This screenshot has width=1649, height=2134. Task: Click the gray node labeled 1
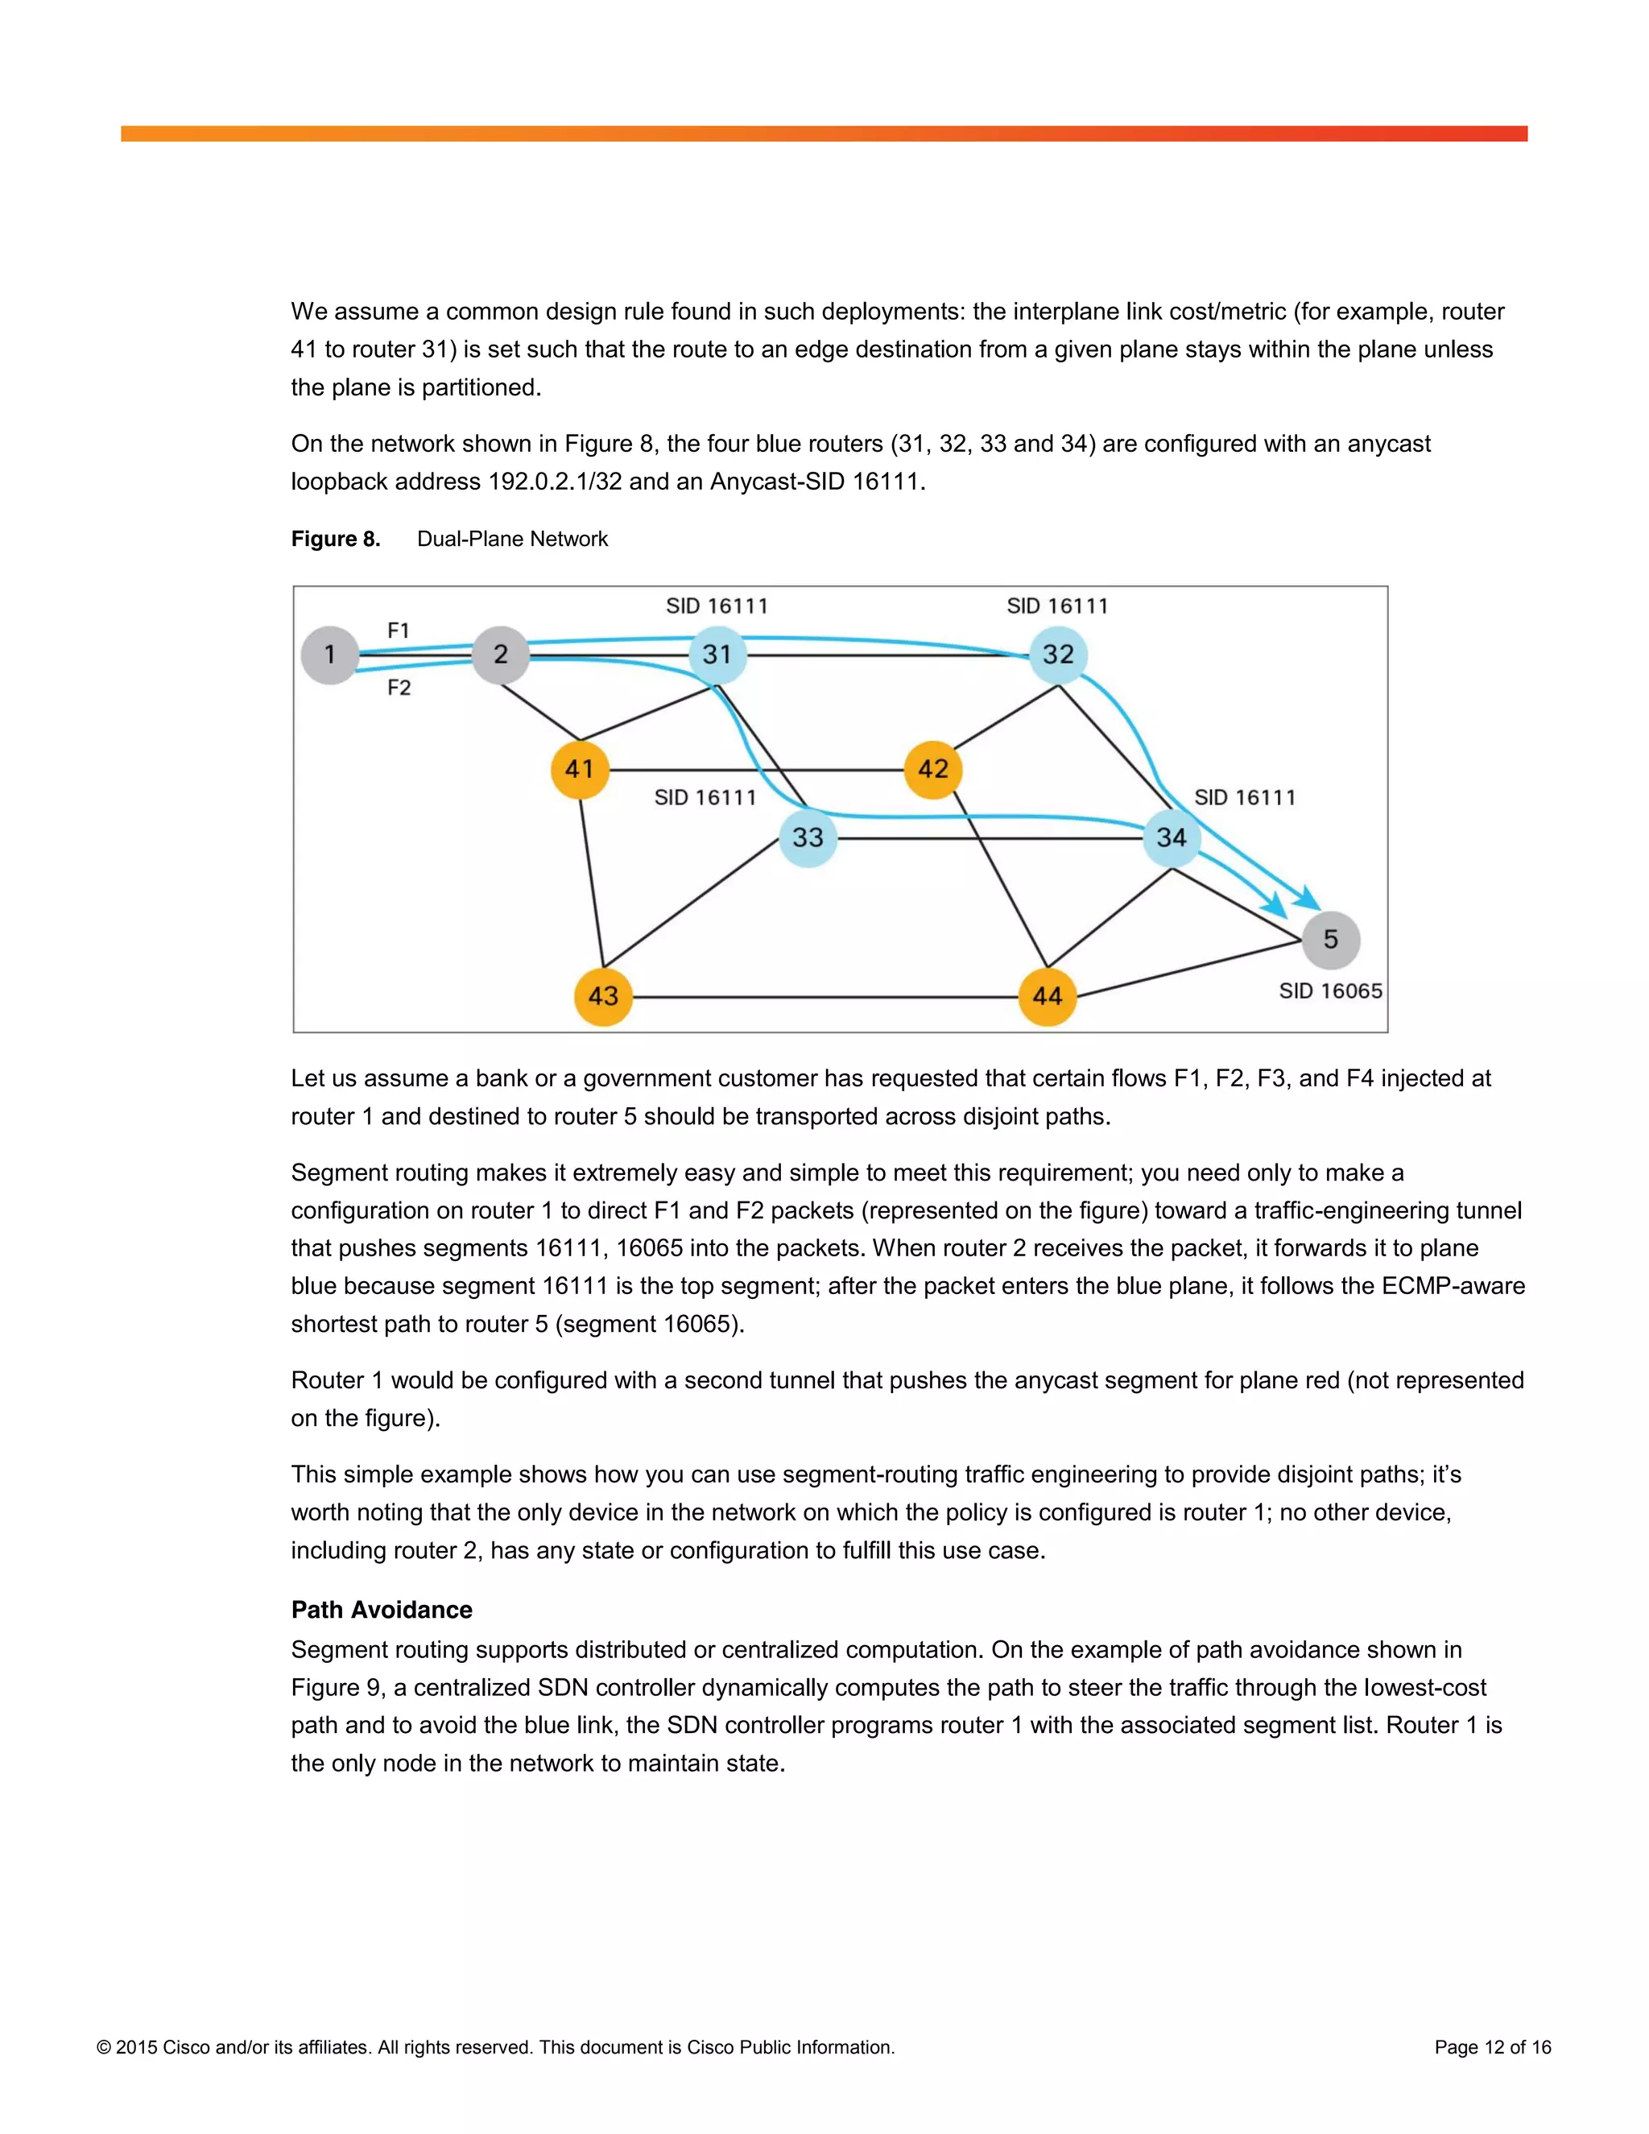(330, 655)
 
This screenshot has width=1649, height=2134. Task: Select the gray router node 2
(500, 655)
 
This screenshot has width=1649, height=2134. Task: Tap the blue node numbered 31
(717, 655)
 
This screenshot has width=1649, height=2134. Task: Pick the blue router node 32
(1058, 655)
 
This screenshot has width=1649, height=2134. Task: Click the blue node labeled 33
(808, 837)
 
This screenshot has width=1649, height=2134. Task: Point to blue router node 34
(1172, 837)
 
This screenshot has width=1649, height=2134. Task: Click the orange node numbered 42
(933, 769)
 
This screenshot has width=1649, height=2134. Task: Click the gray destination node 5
(1330, 939)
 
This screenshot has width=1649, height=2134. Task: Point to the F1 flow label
(399, 631)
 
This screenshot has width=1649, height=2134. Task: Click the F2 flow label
(399, 688)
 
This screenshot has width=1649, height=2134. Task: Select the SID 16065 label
(1330, 990)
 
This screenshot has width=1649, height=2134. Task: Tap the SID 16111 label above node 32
(1058, 606)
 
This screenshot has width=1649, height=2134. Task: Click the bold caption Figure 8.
(335, 540)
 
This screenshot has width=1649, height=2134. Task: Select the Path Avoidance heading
(382, 1609)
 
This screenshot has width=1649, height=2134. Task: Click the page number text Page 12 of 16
(1492, 2047)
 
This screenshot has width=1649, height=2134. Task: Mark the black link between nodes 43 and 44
(825, 998)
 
